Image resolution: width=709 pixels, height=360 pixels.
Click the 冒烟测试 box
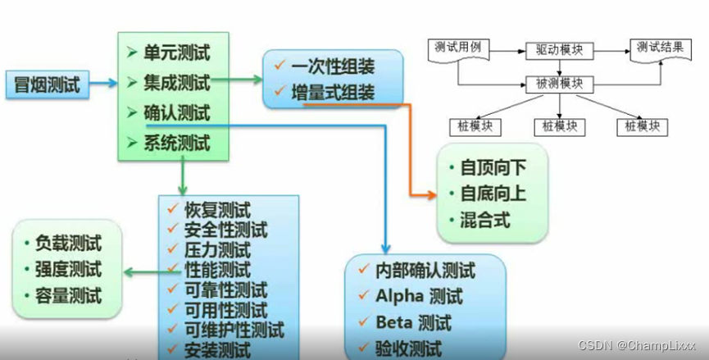coord(48,84)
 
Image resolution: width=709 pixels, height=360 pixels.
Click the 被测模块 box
coord(559,84)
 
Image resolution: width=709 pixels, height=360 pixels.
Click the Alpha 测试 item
coord(419,296)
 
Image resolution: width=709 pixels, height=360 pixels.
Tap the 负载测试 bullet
coord(68,244)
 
